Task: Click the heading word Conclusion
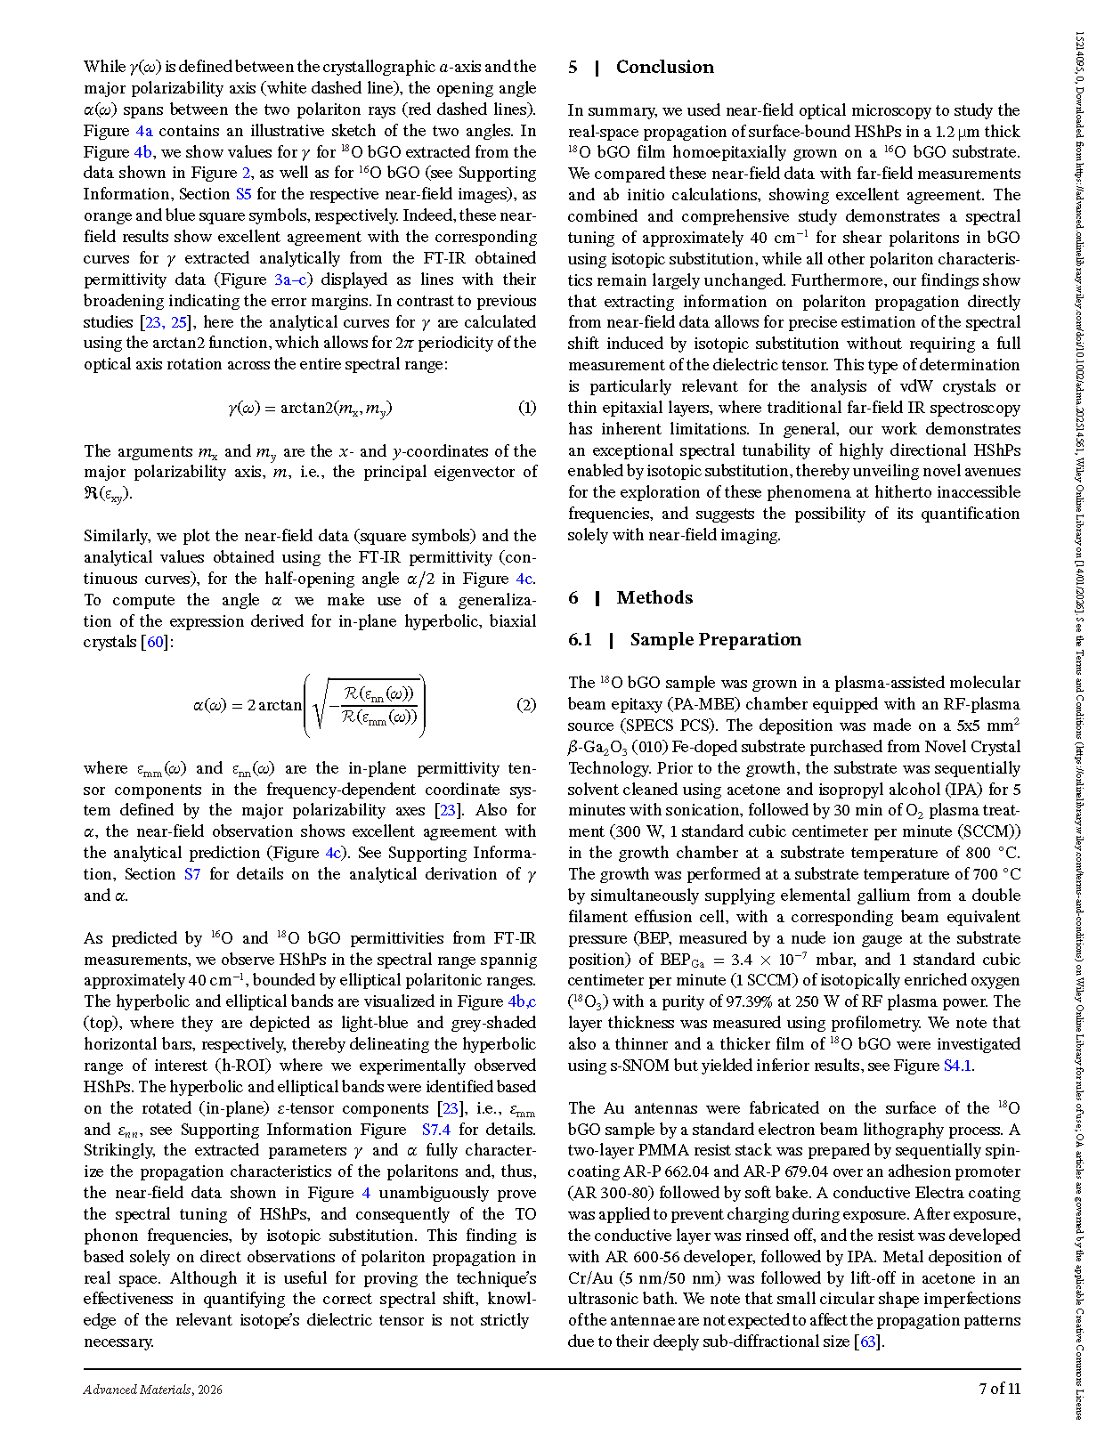tap(664, 68)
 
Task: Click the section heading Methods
tap(654, 598)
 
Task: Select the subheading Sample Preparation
tap(715, 640)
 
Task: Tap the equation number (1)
tap(527, 409)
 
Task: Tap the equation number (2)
tap(527, 705)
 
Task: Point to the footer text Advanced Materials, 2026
tap(153, 1390)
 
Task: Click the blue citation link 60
tap(156, 643)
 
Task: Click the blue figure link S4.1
tap(957, 1066)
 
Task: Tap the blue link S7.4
tap(436, 1130)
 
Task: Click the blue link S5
tap(243, 194)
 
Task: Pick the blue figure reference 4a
tap(143, 131)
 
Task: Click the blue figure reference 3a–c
tap(290, 280)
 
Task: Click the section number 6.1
tap(580, 640)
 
